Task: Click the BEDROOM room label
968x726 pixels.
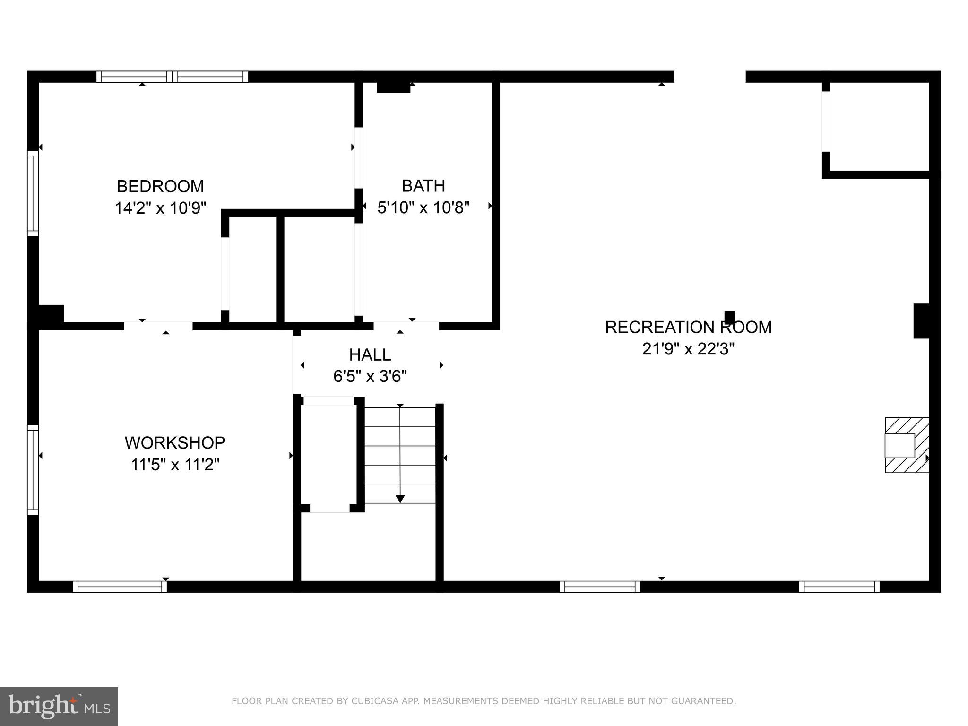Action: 160,186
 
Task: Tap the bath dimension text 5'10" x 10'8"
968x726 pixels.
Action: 423,207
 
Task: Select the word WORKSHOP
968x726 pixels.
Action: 175,443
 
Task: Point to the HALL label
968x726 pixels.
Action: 370,354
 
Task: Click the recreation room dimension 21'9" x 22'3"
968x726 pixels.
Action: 688,349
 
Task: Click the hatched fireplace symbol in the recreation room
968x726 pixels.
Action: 906,445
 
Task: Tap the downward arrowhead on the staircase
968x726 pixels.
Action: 400,499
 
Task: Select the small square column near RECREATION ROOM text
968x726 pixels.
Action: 730,316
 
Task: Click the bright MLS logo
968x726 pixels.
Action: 59,707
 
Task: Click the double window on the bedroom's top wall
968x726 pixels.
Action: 172,77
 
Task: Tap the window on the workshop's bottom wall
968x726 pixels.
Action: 120,587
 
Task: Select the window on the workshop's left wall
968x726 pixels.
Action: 33,470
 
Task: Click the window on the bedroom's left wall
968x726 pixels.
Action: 33,193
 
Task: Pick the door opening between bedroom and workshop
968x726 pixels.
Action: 158,326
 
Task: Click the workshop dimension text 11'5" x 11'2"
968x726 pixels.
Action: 175,465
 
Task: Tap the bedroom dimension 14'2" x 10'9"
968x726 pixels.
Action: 160,208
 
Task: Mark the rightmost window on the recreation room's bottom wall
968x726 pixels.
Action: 839,587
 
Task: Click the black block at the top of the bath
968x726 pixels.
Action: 393,87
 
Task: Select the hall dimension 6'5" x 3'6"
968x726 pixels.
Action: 370,377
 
